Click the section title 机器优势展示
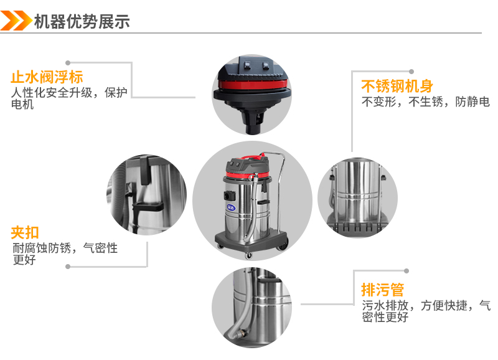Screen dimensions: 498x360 (x=82, y=22)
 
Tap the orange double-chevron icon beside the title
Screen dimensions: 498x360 (x=16, y=21)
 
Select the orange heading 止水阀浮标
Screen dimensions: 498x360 (x=47, y=77)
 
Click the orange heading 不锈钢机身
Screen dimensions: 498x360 (x=397, y=86)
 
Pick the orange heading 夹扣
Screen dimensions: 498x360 (x=25, y=232)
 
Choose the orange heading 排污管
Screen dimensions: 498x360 (x=383, y=290)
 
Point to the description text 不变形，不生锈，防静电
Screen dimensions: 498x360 (x=426, y=102)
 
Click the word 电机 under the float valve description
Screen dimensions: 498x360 (x=22, y=104)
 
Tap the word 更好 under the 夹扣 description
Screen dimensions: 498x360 (x=24, y=260)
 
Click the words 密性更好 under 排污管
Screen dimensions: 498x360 (x=385, y=317)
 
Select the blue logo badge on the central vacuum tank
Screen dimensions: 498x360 (x=231, y=208)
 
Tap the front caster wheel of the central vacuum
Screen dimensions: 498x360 (x=248, y=255)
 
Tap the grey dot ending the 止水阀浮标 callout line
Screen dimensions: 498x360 (x=68, y=63)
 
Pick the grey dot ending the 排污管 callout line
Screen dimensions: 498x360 (x=406, y=271)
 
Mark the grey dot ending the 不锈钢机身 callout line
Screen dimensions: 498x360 (x=411, y=72)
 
